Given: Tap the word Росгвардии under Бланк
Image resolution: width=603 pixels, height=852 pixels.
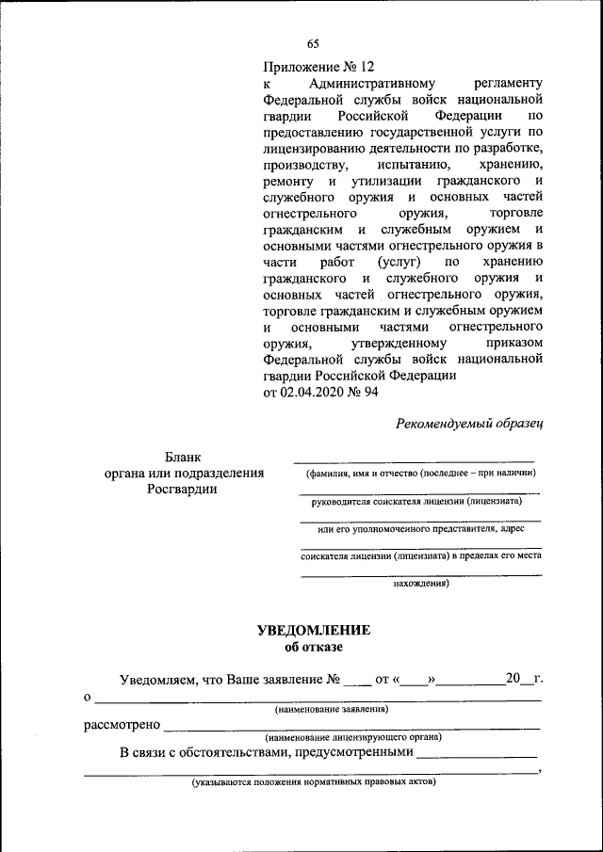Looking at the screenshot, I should coord(183,489).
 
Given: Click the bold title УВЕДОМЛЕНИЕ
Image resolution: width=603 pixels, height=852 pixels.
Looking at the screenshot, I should coord(314,630).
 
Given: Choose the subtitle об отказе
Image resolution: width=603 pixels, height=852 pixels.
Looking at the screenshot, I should coord(314,647).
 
